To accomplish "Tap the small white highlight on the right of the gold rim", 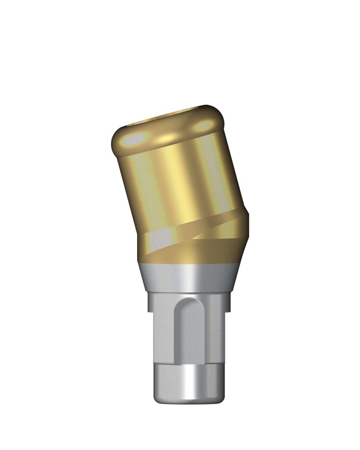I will coord(203,126).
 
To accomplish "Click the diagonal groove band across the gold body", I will coord(207,229).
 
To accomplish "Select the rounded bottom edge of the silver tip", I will coord(187,401).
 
